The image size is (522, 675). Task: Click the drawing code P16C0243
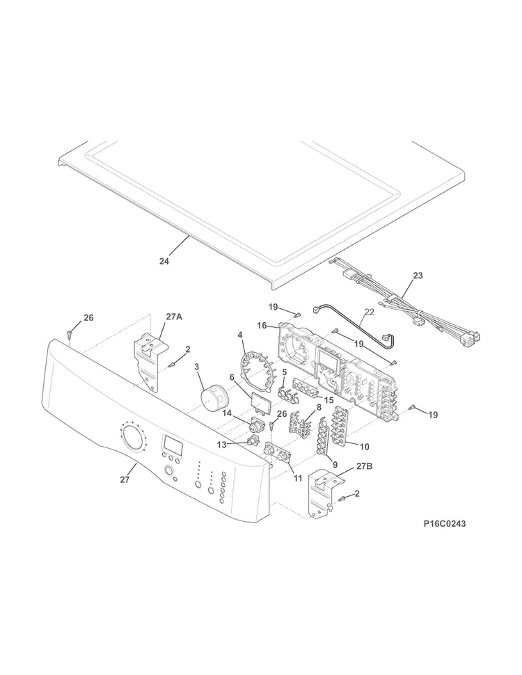click(x=445, y=524)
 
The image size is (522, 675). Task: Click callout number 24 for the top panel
click(x=164, y=261)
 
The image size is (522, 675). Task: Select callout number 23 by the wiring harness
click(x=418, y=275)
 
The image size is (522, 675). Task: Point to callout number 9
click(x=335, y=464)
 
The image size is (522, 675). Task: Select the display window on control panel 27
click(x=172, y=443)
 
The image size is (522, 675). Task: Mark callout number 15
click(x=329, y=400)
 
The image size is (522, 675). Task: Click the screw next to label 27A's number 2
click(x=173, y=365)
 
